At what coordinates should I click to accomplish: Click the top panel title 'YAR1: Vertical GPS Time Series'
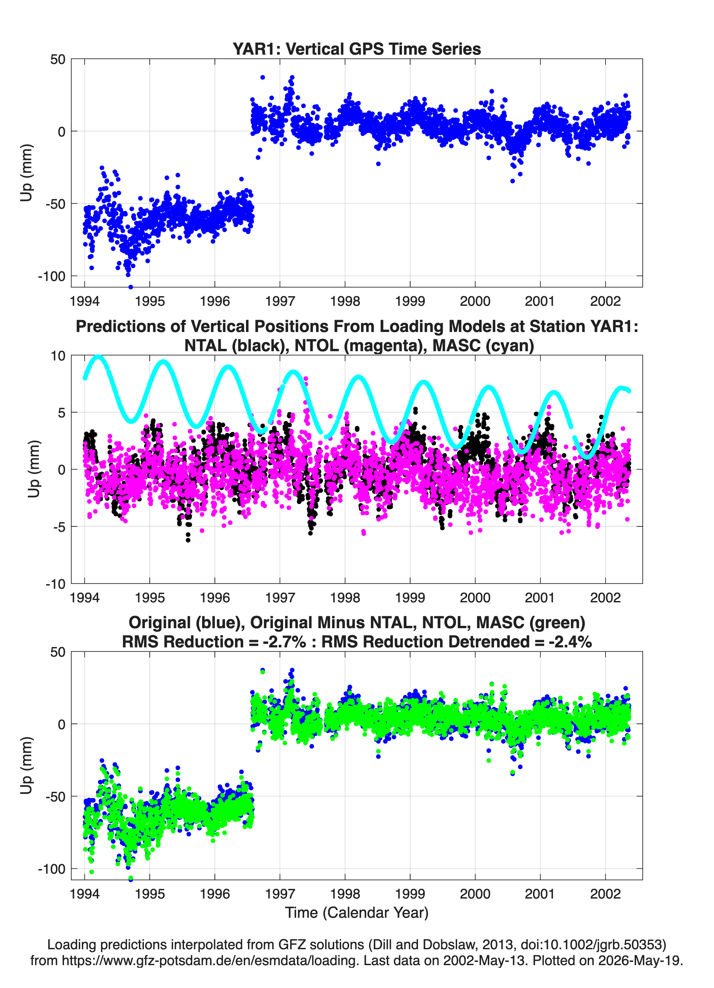[x=357, y=49]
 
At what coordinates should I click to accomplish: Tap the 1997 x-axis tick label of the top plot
[x=280, y=301]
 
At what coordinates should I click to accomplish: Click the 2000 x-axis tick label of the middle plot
[x=475, y=598]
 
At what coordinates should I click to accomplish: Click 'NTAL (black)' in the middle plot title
[x=235, y=346]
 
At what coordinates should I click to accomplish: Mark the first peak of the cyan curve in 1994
[x=98, y=357]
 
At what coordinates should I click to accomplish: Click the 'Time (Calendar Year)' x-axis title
[x=357, y=912]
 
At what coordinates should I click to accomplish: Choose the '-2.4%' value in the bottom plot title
[x=570, y=642]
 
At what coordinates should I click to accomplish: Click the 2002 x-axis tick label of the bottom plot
[x=605, y=894]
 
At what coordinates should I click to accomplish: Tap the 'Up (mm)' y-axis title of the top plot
[x=26, y=173]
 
